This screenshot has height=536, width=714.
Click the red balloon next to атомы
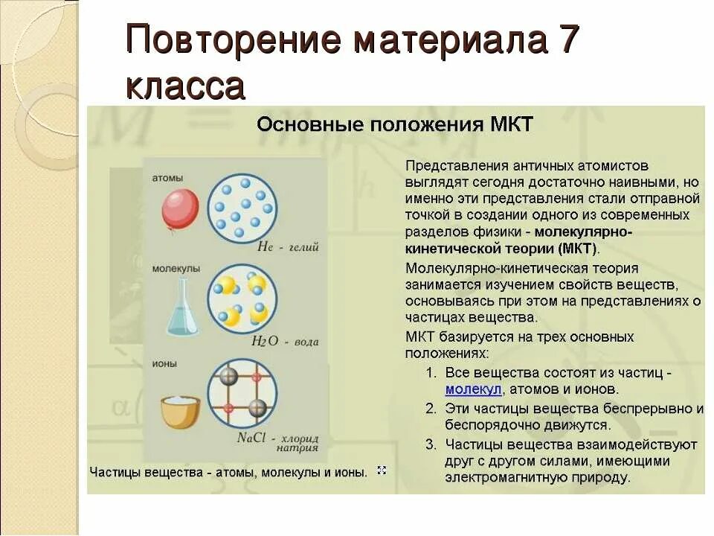coord(180,208)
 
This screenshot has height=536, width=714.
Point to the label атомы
coord(167,179)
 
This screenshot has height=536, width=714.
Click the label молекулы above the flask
coord(176,269)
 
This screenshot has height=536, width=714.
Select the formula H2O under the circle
coord(264,342)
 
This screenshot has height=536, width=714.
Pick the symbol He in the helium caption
coord(266,247)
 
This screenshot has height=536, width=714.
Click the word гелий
coord(303,247)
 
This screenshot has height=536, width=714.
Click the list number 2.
coord(431,409)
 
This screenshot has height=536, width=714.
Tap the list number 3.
coord(431,444)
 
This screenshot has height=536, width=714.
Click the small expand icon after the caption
coord(382,470)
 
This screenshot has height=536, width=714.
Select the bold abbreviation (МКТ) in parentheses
coord(576,249)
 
